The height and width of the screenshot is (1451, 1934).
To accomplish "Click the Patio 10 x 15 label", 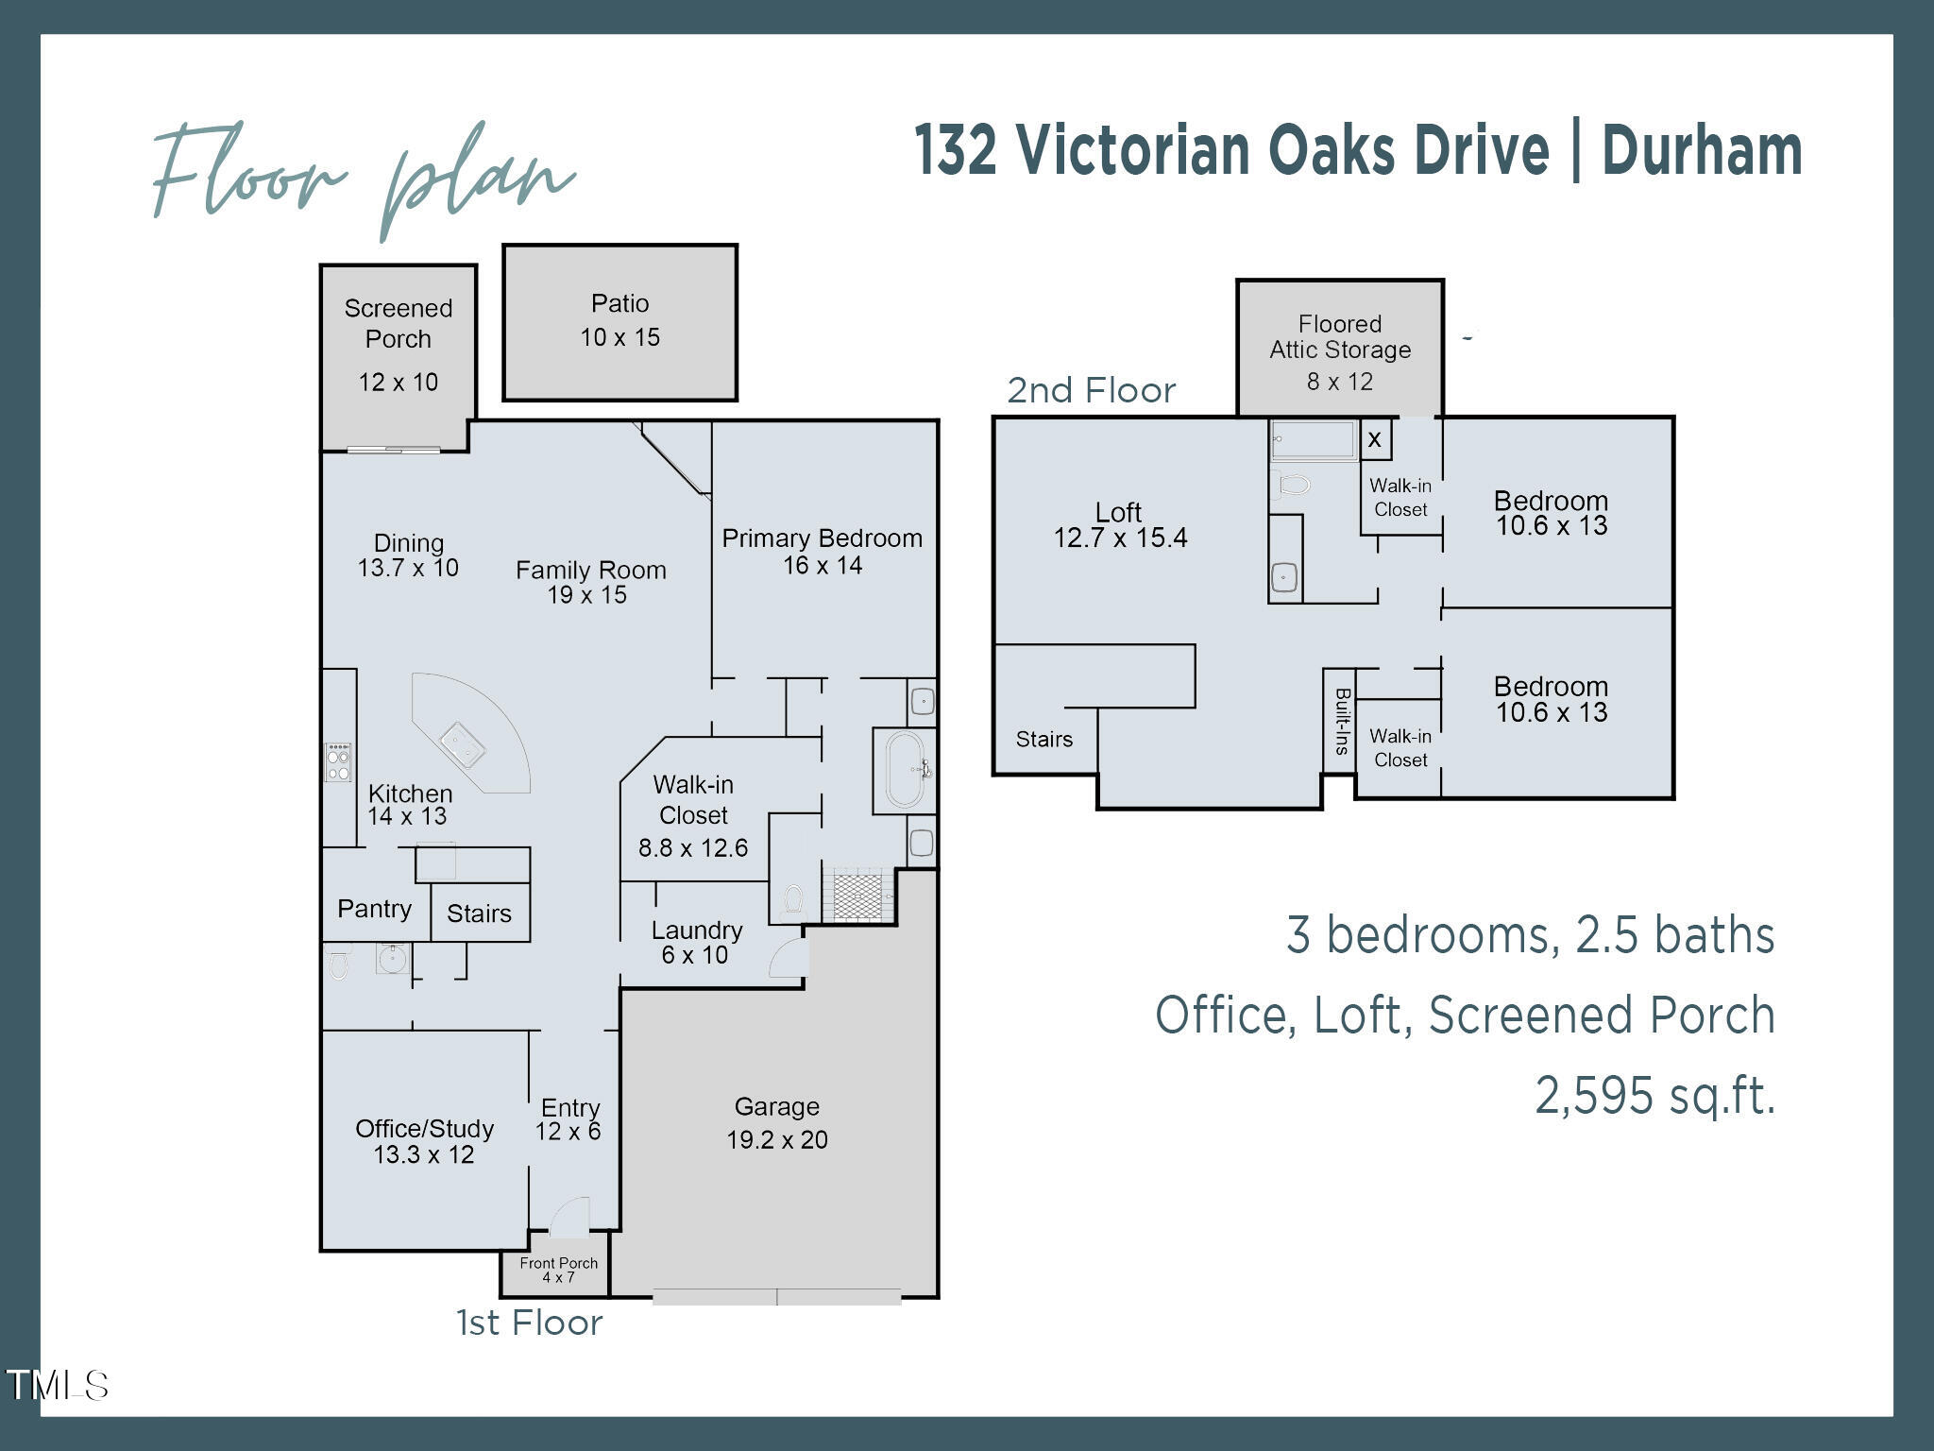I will [x=619, y=321].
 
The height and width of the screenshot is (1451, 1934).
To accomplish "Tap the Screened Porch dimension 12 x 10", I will [x=398, y=383].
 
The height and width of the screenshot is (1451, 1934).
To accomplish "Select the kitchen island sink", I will [x=463, y=743].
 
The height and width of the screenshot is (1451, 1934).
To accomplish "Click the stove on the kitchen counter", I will [x=337, y=762].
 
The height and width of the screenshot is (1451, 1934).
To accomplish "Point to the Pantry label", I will [x=374, y=909].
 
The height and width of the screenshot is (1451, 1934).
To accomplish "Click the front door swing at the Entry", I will [x=569, y=1219].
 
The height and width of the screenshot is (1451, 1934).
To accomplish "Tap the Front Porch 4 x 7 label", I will [x=558, y=1270].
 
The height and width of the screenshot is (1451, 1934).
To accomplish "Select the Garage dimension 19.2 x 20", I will [x=776, y=1140].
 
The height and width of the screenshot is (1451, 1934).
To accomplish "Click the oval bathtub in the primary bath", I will [x=904, y=770].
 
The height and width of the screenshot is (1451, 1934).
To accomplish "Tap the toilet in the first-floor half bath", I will [x=338, y=964].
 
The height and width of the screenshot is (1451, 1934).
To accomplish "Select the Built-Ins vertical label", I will [x=1340, y=721].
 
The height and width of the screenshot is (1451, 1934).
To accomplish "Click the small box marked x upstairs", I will [x=1375, y=439].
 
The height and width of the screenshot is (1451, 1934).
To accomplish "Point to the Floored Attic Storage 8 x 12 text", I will [x=1339, y=352].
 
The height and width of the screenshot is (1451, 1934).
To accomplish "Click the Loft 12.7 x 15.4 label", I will [x=1120, y=526].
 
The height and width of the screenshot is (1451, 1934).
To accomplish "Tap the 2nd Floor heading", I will [x=1091, y=390].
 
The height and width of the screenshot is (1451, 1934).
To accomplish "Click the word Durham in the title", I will [x=1702, y=151].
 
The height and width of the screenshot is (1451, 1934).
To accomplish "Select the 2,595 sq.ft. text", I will [x=1654, y=1096].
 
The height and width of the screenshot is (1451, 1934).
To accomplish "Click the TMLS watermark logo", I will [x=57, y=1385].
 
